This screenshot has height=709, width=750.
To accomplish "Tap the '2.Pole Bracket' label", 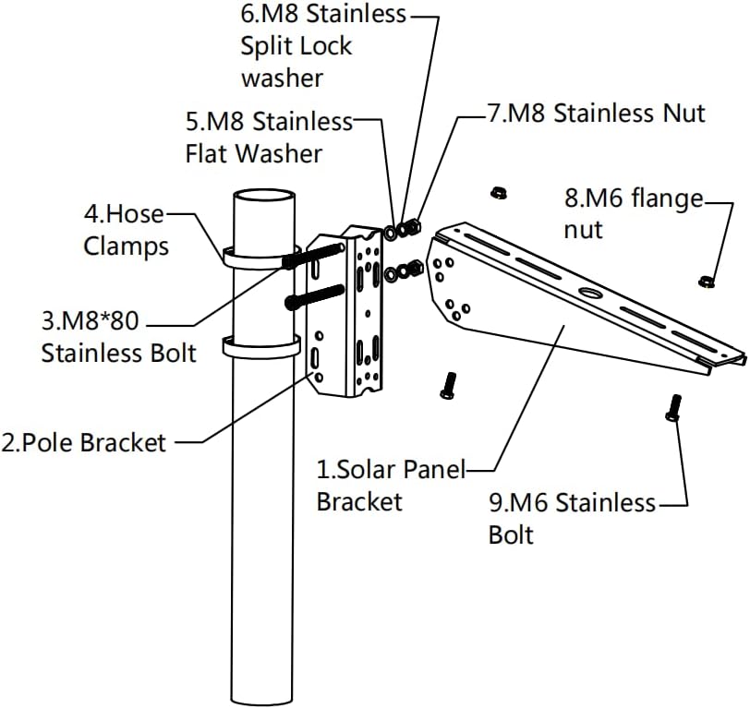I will (x=84, y=442).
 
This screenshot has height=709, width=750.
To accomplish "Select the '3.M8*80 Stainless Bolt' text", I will (x=118, y=339).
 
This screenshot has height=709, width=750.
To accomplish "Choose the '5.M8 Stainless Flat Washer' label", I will (x=269, y=137).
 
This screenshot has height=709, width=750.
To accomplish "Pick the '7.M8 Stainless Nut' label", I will (x=596, y=113).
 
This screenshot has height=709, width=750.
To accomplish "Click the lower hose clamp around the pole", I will (x=261, y=349).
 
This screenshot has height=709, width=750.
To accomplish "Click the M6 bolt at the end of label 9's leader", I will (x=673, y=407).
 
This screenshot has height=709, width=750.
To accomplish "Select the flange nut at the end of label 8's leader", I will (x=707, y=279).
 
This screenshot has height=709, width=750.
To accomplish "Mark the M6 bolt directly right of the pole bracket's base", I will (x=449, y=384).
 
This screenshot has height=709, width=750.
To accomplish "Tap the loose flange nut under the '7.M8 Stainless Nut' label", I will (x=497, y=192).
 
